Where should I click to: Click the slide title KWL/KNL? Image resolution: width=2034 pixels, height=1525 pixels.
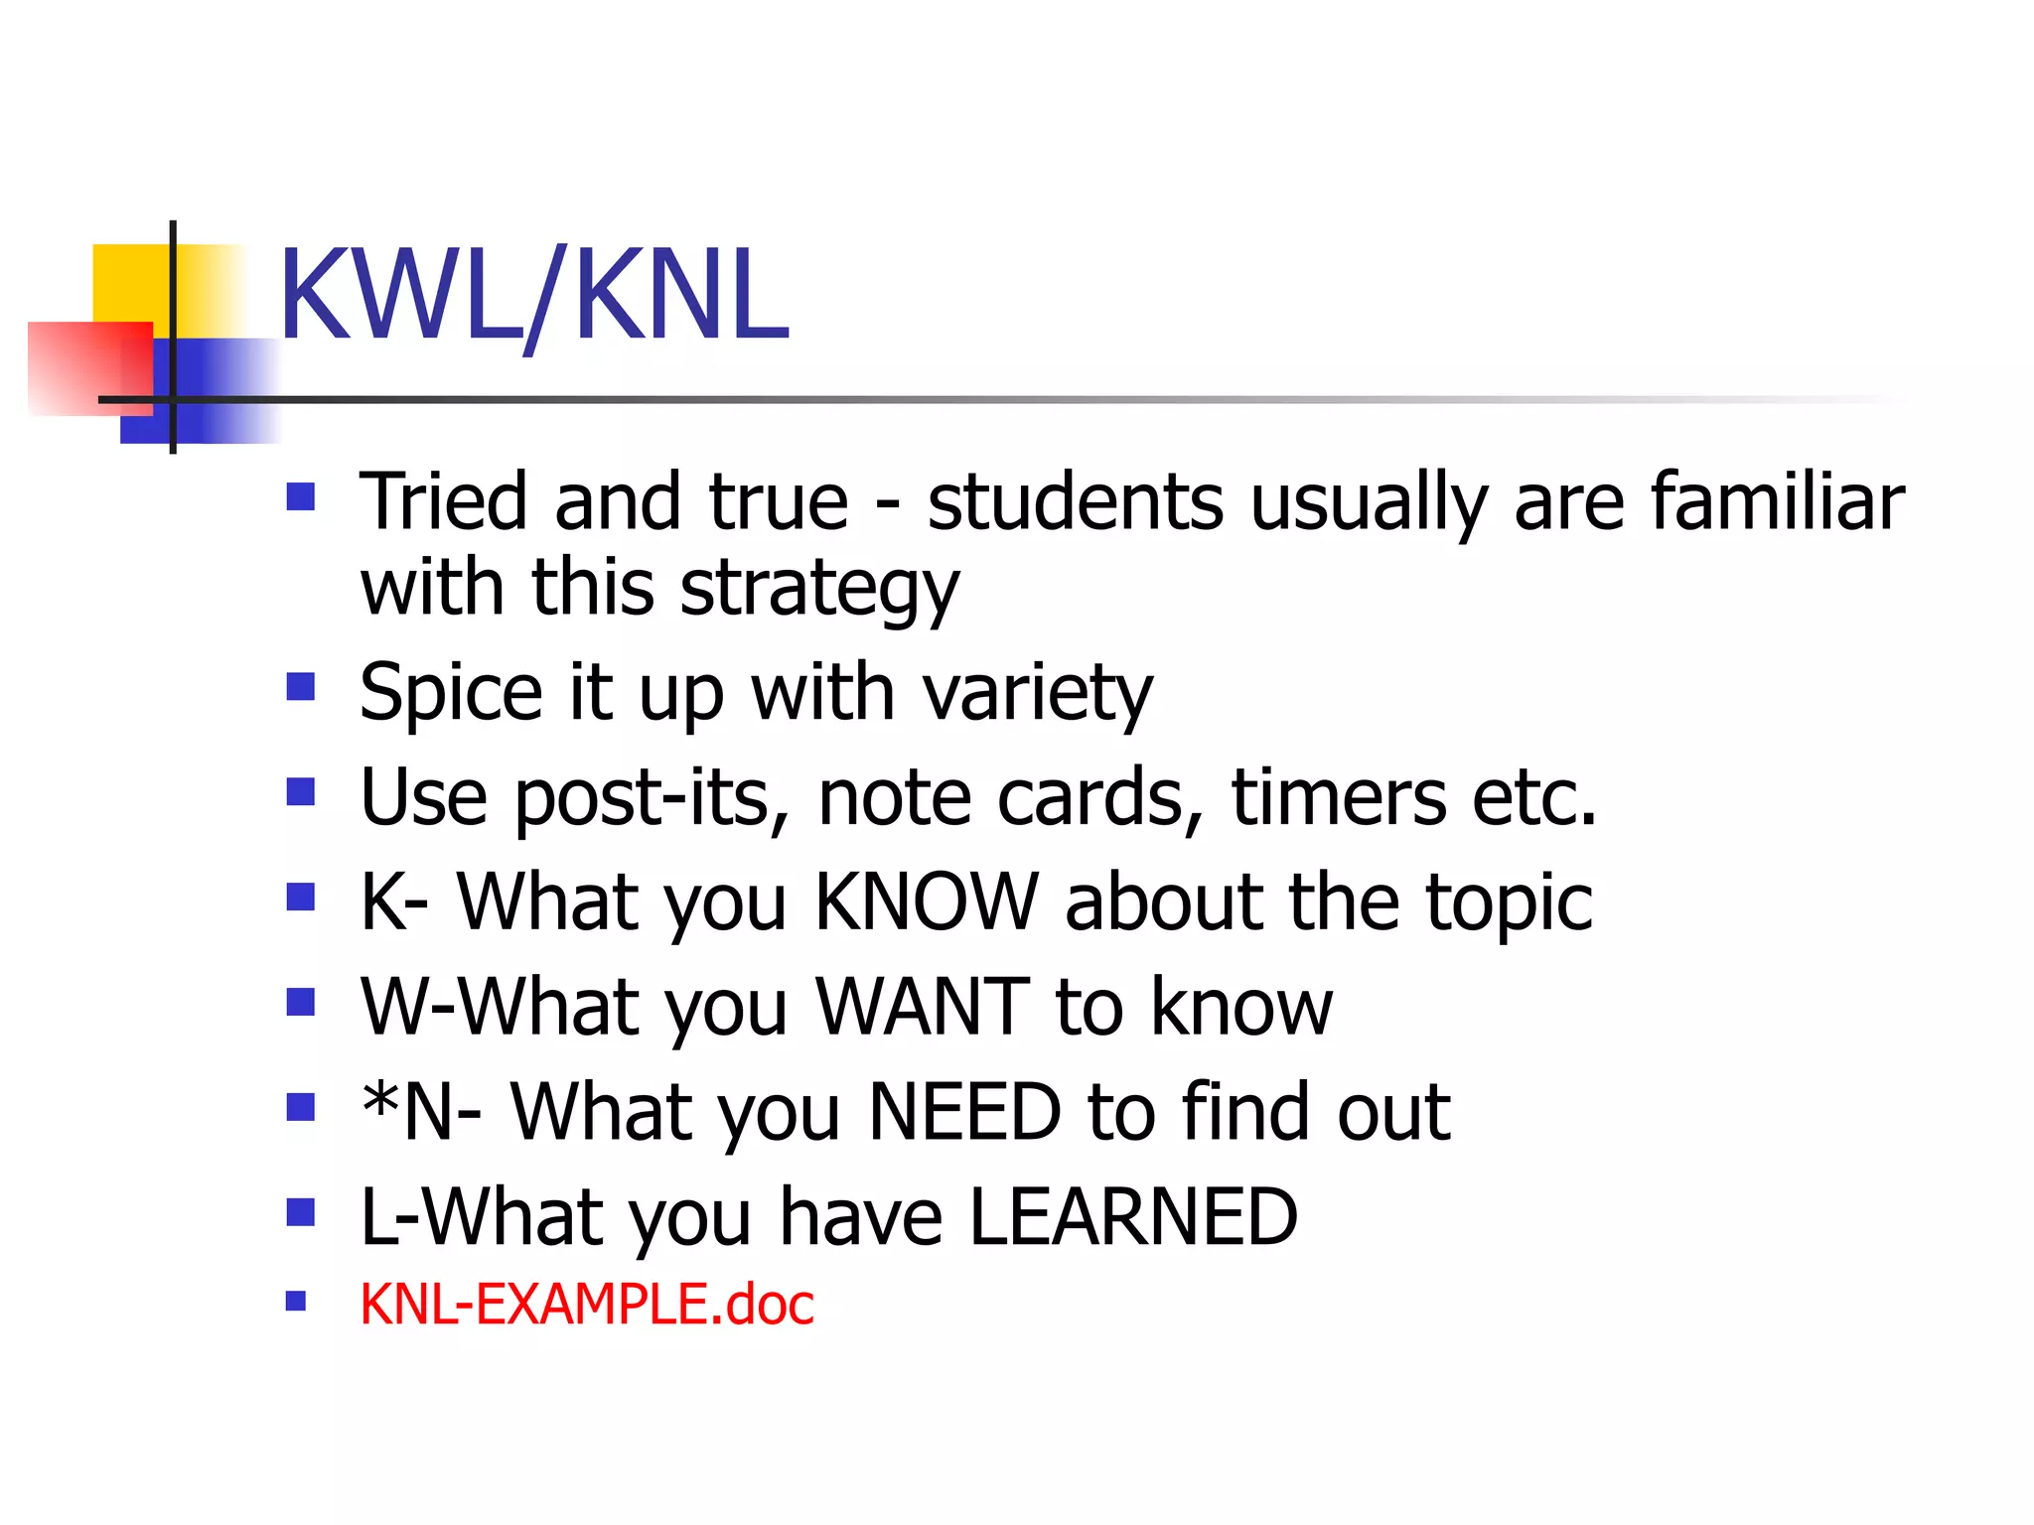(533, 296)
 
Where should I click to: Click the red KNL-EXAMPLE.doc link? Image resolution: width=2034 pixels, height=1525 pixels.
(586, 1304)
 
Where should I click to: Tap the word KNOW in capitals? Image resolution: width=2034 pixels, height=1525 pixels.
(926, 901)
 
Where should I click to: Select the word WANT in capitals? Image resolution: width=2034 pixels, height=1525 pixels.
(923, 1007)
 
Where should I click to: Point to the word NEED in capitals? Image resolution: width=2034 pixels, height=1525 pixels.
(964, 1112)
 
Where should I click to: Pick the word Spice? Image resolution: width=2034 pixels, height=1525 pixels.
(451, 693)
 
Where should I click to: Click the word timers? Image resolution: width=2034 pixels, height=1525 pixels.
(1339, 797)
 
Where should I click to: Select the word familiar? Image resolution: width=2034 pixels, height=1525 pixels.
(1778, 502)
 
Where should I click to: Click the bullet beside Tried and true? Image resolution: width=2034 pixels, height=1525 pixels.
(300, 495)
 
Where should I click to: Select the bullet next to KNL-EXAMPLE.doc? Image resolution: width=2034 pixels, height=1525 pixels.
(296, 1301)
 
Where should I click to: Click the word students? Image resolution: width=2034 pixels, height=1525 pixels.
(1075, 502)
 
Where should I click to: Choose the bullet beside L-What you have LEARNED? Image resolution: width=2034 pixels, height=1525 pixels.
(300, 1212)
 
